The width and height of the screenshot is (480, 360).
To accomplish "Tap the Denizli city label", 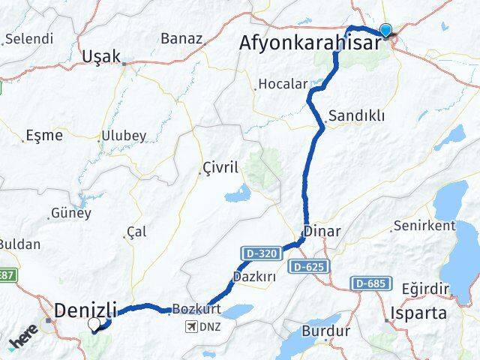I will pyautogui.click(x=86, y=309).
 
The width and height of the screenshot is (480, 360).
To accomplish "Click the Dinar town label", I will pyautogui.click(x=323, y=232).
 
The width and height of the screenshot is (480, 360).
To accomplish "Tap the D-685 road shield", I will pyautogui.click(x=370, y=283).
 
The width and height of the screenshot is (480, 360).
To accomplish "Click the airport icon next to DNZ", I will pyautogui.click(x=192, y=326).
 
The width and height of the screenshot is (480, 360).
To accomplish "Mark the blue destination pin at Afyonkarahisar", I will pyautogui.click(x=386, y=30).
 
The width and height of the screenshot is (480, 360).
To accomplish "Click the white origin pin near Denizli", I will pyautogui.click(x=95, y=324).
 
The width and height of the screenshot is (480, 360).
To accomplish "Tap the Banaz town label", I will pyautogui.click(x=181, y=38).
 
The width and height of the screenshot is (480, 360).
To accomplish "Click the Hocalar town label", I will pyautogui.click(x=278, y=84).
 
